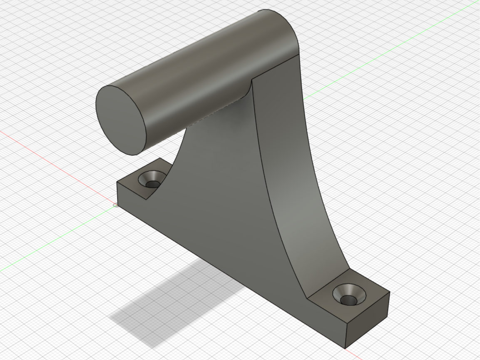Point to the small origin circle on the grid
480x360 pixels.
115,205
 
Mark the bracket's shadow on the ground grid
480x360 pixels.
175,304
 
